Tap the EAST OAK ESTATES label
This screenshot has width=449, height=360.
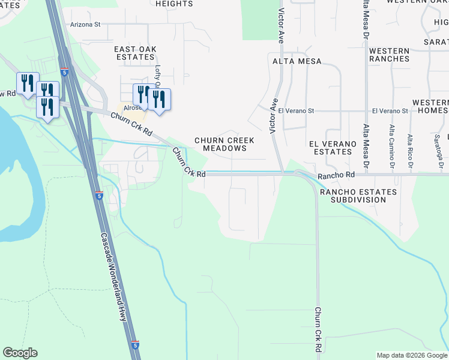[135, 52]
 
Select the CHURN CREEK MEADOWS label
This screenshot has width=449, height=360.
[224, 144]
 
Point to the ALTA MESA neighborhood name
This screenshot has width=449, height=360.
[297, 61]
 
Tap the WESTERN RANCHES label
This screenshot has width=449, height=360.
[389, 55]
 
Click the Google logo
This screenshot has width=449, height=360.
[20, 353]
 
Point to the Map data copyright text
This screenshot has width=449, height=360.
[411, 355]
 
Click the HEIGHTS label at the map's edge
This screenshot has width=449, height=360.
[174, 4]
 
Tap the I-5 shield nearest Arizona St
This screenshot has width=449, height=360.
[64, 72]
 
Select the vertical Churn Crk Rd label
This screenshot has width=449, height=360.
[317, 330]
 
